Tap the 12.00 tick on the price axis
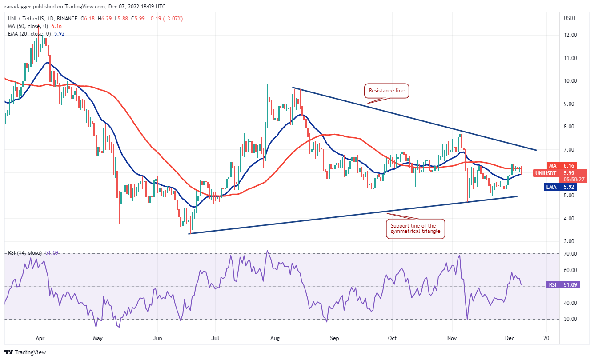click(570, 35)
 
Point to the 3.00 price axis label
click(570, 241)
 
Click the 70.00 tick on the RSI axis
click(571, 253)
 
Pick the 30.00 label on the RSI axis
click(571, 319)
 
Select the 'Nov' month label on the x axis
click(452, 338)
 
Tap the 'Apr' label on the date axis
click(40, 338)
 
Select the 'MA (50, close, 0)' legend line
click(28, 26)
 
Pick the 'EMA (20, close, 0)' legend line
click(29, 33)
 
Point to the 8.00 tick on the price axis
click(570, 127)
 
